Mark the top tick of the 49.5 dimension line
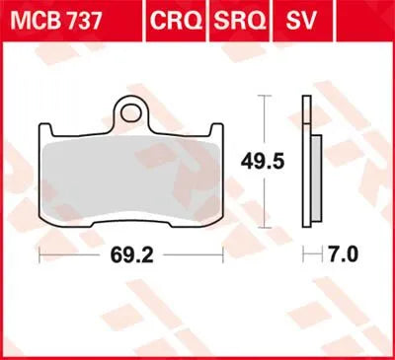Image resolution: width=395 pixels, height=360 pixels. point(263,96)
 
